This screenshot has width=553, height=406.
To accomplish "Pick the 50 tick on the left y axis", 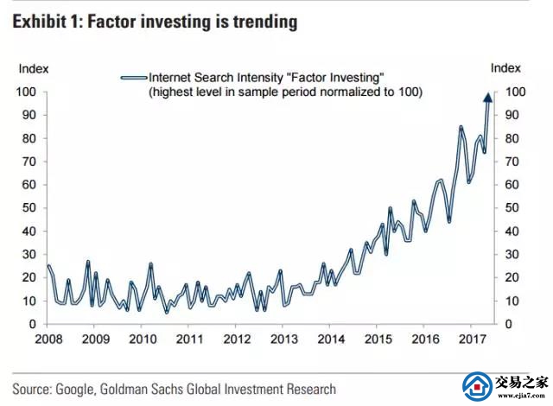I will point(29,208).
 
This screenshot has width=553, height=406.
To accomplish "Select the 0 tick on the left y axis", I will point(32,324).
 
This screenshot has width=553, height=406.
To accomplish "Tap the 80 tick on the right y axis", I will point(511,138).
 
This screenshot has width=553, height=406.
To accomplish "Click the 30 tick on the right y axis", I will point(511,254).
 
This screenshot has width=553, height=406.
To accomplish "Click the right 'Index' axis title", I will point(505,67).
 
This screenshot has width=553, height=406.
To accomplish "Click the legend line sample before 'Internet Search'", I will point(134,77).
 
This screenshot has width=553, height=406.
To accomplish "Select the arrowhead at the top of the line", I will point(487,97).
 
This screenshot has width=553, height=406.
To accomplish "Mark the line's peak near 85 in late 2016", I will point(461,127).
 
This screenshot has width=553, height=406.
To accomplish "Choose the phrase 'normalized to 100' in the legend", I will point(371,92).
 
